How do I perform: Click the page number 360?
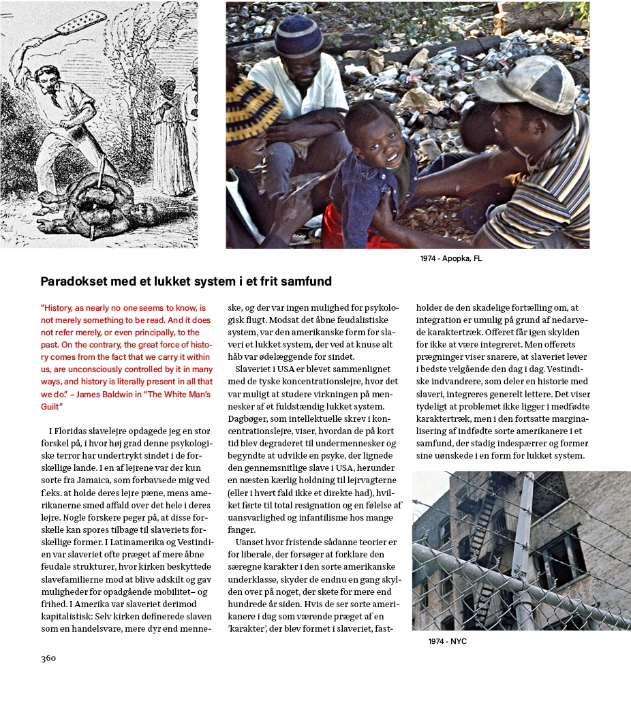coord(48,658)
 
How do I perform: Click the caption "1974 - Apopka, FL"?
coord(451,259)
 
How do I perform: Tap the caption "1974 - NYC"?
coord(447,642)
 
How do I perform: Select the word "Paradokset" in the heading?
coord(72,281)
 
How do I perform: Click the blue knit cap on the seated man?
coord(298,36)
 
